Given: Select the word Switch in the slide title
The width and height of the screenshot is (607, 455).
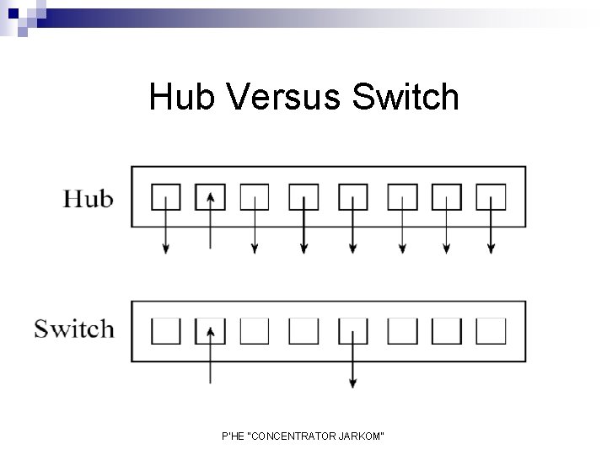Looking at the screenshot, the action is [407, 98].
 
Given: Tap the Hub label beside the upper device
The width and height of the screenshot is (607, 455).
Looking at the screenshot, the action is [88, 200].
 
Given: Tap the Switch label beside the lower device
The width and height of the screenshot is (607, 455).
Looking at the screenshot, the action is [73, 328].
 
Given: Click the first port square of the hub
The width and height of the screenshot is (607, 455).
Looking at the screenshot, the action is [166, 196].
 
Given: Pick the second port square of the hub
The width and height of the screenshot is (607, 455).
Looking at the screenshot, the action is [210, 196].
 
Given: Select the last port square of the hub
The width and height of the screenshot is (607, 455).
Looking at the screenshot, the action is [491, 196].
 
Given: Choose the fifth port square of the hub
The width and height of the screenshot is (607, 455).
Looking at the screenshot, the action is [352, 196].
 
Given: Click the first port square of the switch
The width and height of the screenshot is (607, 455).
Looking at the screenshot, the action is [166, 330].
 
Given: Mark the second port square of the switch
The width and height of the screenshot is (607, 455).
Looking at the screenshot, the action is [210, 330].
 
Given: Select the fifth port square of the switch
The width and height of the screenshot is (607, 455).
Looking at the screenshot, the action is [352, 330].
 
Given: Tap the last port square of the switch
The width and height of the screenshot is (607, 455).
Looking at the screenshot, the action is [491, 330].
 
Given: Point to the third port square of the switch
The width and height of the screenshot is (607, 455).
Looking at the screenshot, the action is [255, 330].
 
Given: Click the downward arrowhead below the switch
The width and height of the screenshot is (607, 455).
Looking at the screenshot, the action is [352, 384].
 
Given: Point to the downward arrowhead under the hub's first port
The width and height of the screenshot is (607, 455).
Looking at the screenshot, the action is [166, 248].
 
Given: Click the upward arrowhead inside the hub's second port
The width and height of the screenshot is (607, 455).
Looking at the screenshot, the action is [210, 195].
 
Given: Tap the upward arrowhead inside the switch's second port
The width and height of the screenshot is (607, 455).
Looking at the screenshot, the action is [210, 330].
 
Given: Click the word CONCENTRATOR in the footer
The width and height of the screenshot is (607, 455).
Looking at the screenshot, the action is [289, 435].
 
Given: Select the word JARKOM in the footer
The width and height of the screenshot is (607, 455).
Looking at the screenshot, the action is [363, 435].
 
